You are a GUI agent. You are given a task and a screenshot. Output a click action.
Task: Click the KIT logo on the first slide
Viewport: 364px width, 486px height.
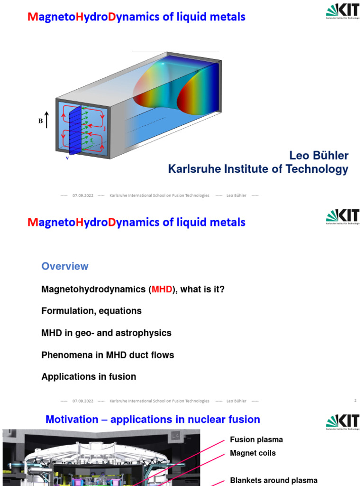coord(342,10)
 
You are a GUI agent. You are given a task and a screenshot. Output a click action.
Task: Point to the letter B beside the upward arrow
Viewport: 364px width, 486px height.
coord(40,121)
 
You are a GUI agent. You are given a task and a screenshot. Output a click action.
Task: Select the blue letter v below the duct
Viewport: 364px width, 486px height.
coord(67,158)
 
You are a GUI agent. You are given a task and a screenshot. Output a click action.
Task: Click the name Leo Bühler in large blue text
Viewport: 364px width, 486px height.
coord(318,156)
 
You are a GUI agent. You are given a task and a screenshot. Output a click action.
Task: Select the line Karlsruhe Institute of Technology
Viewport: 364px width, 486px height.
coord(258,169)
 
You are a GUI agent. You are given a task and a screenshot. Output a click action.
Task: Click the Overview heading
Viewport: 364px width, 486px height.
coord(65,266)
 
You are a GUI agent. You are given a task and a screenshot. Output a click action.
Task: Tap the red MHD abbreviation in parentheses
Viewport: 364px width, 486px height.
coord(162,289)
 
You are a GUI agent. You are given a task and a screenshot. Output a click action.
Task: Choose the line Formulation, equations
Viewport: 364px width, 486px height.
coord(91,311)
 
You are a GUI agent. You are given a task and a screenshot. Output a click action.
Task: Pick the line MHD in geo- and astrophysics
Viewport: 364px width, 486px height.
coord(106,333)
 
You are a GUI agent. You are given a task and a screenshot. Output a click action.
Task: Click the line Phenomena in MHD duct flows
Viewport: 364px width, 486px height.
coord(108,355)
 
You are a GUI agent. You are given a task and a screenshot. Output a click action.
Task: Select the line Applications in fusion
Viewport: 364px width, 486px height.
coord(89,376)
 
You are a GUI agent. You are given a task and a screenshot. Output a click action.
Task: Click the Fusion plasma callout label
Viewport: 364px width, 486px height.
coord(256,440)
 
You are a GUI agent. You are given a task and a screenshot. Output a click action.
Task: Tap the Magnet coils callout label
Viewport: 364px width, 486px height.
coord(253,453)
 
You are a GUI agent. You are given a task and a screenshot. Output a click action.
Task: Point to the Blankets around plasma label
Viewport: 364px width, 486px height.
coord(273,480)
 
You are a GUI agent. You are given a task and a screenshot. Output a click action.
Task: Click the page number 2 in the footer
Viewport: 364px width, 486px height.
coord(355,401)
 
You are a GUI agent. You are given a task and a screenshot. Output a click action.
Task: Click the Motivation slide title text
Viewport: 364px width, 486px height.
coord(153,420)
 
